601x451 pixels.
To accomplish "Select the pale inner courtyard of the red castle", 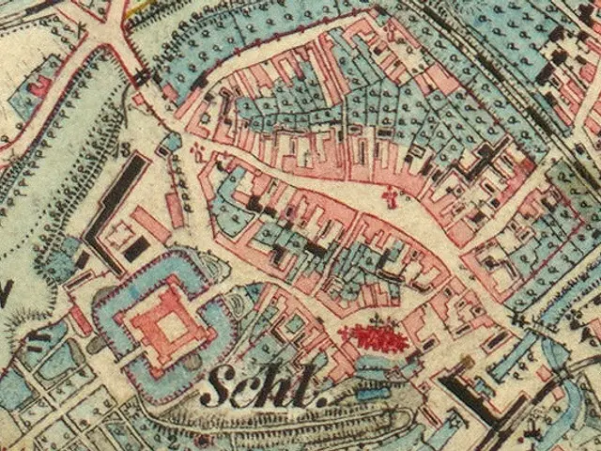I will coord(173,326).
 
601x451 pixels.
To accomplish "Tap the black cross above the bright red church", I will coord(379,320).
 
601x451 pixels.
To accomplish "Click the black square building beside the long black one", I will coord(135,248).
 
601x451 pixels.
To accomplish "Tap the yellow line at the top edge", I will coord(141,6).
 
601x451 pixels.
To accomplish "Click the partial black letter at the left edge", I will coord(5,291).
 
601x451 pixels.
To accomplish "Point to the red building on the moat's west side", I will coord(80,319).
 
